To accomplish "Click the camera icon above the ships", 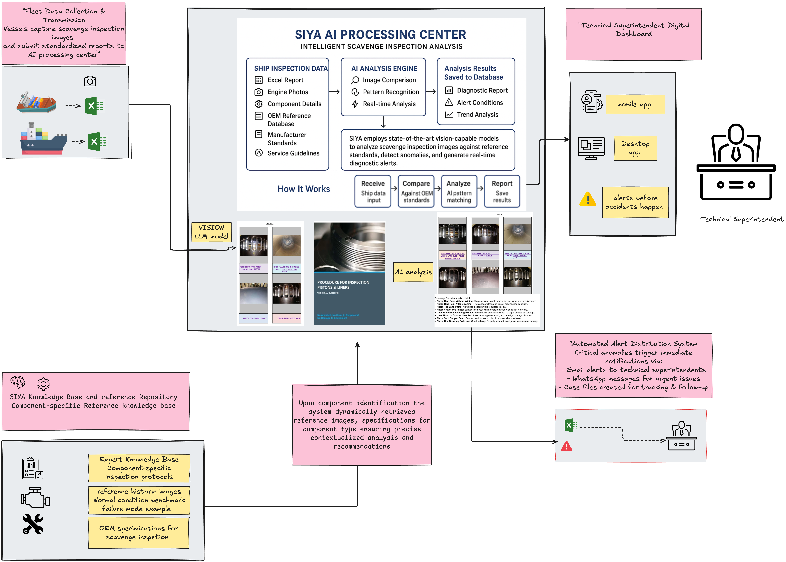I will click(90, 81).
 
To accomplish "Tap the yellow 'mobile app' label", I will click(635, 104).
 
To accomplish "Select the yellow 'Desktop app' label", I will click(635, 148).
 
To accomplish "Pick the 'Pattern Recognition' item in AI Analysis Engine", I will click(391, 92).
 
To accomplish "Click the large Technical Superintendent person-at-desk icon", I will click(736, 163).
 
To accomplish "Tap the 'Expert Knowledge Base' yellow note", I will click(139, 468).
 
